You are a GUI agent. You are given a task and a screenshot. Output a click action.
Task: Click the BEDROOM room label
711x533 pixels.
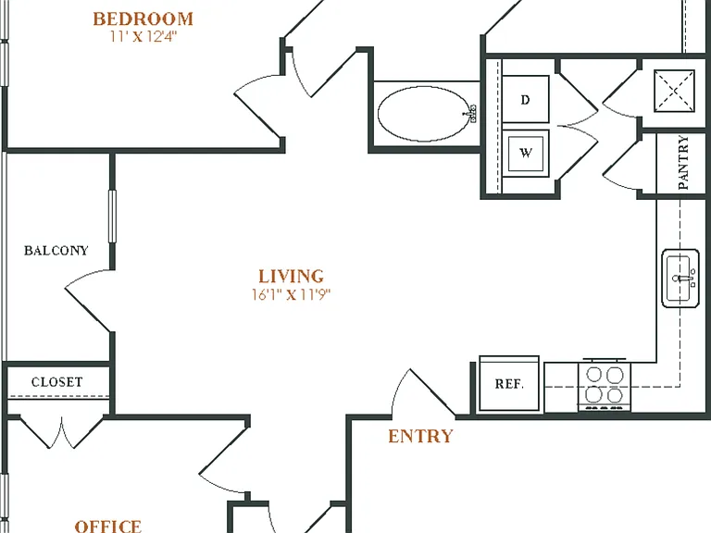point(143,19)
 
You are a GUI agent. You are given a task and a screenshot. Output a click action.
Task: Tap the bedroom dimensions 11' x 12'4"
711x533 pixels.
point(143,36)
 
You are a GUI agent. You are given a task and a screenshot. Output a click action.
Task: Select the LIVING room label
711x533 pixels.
point(291,276)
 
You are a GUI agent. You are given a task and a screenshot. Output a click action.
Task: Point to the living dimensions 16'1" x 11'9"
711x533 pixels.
point(291,294)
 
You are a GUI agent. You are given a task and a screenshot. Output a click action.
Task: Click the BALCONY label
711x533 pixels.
point(56,251)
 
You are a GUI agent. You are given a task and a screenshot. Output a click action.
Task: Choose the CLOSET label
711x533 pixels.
point(57,382)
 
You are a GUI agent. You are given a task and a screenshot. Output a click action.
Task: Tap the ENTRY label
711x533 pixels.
point(420,436)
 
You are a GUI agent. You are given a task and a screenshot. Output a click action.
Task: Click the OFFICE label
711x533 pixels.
point(108,527)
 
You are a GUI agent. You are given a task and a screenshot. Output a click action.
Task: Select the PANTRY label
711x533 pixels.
point(683,163)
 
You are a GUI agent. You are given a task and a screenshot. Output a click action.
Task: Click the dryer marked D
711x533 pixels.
point(526,99)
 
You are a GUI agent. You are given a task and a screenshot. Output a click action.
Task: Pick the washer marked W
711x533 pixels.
point(526,154)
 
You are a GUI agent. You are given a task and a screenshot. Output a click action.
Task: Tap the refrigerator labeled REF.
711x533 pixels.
point(509,384)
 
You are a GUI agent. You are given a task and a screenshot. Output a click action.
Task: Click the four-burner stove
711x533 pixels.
point(605,386)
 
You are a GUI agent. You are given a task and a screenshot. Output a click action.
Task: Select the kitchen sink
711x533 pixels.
point(680,279)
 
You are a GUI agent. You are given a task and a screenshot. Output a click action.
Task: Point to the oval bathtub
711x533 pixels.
point(425,114)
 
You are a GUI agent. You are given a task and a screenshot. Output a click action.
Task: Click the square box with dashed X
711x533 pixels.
point(674,91)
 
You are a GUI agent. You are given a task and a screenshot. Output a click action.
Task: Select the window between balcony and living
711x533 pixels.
point(112,217)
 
